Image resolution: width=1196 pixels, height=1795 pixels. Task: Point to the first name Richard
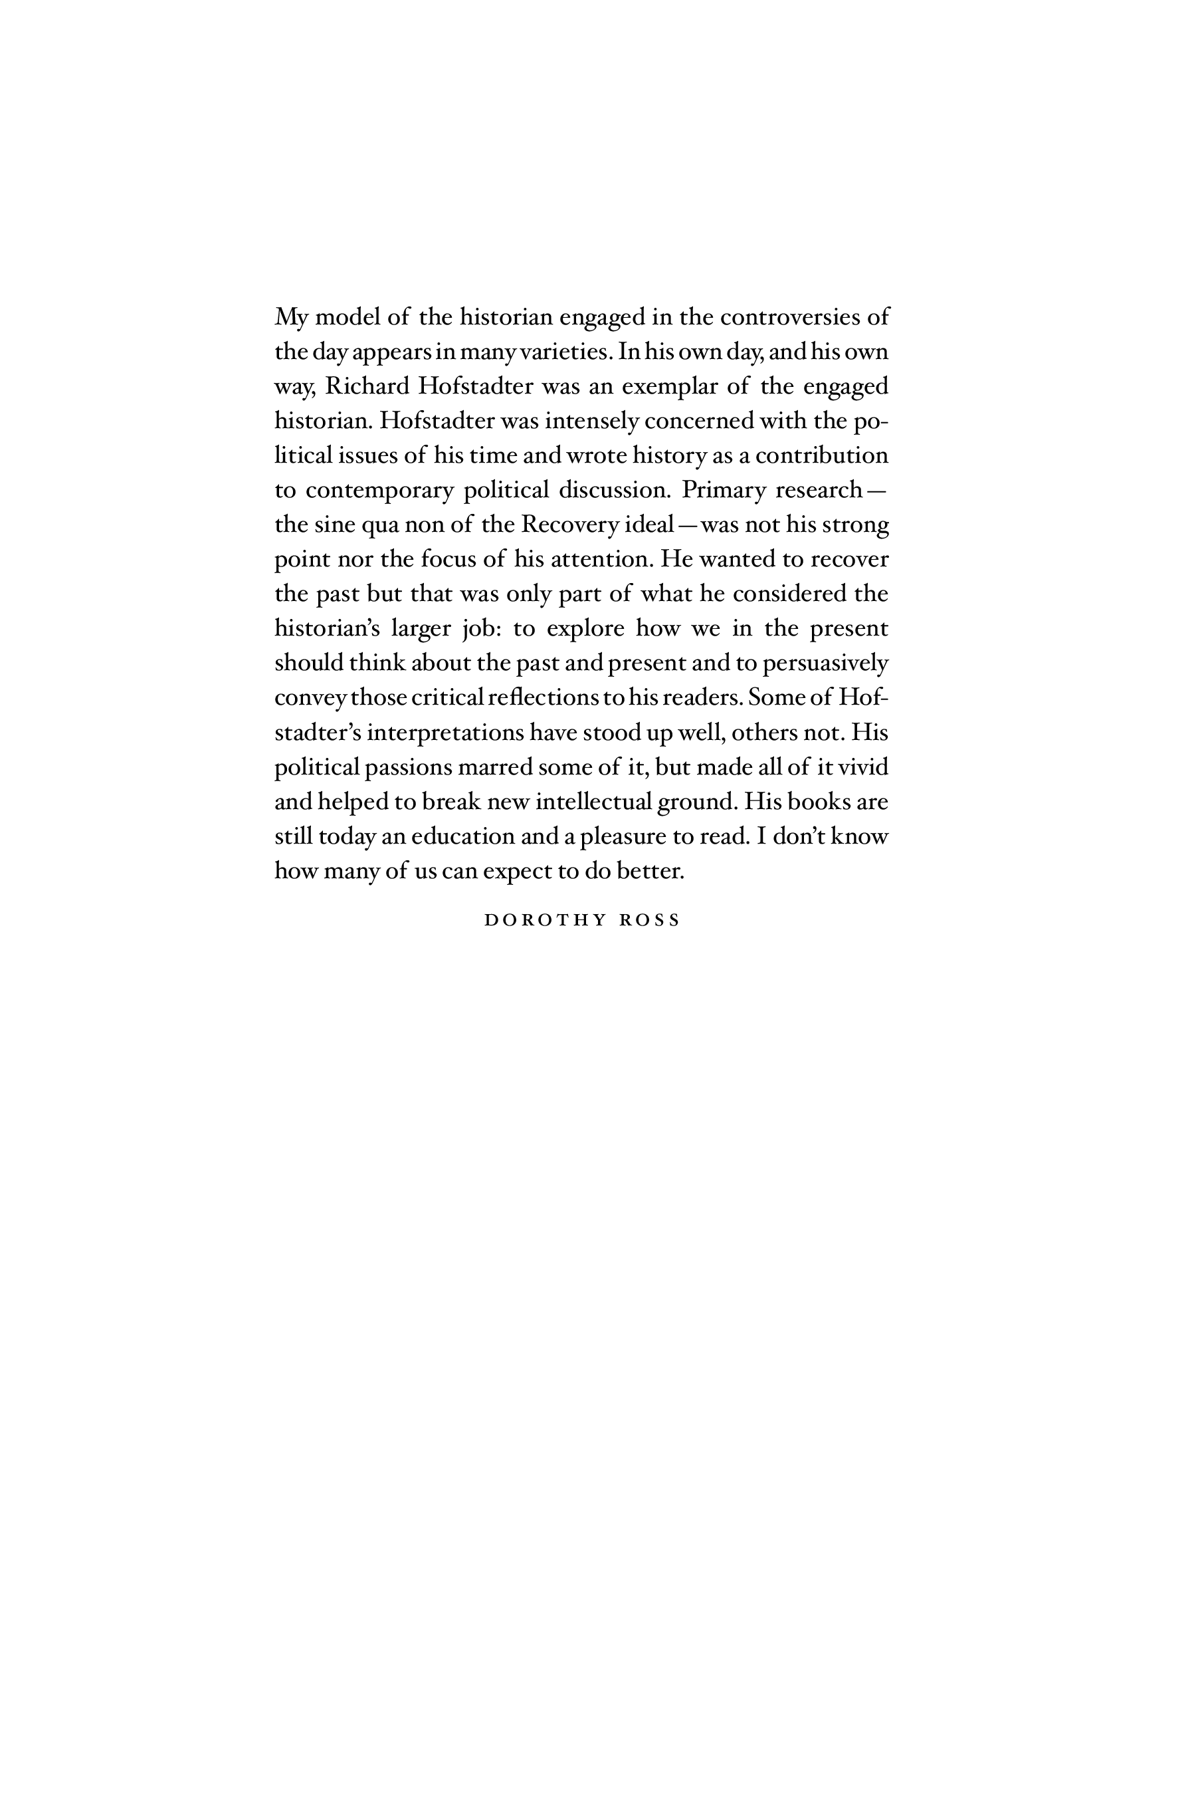click(x=367, y=386)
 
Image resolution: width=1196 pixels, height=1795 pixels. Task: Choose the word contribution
click(x=821, y=455)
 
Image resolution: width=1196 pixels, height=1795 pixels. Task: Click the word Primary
click(x=723, y=490)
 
